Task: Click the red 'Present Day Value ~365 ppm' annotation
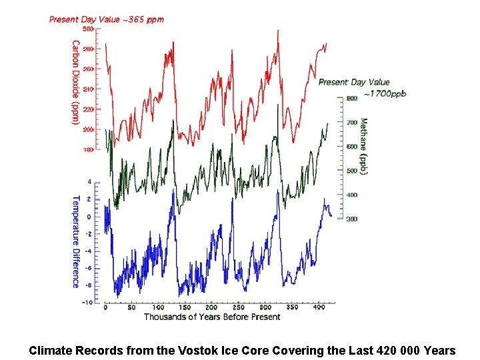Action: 106,19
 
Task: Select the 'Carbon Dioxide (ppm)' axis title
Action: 75,83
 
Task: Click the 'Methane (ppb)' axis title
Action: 363,147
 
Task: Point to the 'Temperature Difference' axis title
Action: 75,241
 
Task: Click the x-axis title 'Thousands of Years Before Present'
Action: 212,317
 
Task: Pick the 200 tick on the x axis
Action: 212,308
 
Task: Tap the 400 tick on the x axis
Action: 319,308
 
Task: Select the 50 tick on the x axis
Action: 132,308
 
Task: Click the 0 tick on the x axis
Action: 105,308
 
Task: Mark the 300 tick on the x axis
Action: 265,308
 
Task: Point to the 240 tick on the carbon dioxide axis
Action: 88,89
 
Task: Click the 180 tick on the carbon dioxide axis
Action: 88,150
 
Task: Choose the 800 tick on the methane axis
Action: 351,98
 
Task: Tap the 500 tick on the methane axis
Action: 351,171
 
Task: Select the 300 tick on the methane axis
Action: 351,219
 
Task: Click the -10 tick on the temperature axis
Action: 87,303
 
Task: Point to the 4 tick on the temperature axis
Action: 90,181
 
